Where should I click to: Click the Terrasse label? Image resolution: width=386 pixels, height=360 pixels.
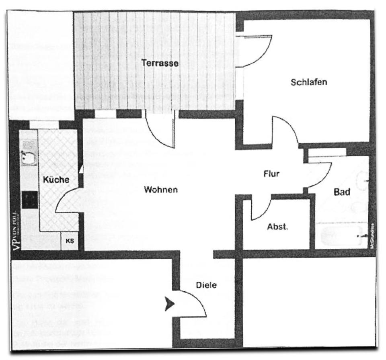pyautogui.click(x=160, y=63)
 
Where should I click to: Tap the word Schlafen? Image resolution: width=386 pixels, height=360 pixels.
pyautogui.click(x=309, y=82)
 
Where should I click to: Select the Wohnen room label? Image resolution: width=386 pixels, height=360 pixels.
pyautogui.click(x=161, y=190)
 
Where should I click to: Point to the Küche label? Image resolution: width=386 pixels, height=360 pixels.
pyautogui.click(x=56, y=180)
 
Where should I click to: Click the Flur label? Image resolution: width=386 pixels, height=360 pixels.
pyautogui.click(x=271, y=174)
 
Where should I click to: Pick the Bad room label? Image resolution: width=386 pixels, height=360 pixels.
pyautogui.click(x=342, y=192)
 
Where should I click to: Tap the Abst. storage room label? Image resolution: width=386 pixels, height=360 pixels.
pyautogui.click(x=277, y=227)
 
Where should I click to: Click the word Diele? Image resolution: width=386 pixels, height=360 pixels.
pyautogui.click(x=206, y=285)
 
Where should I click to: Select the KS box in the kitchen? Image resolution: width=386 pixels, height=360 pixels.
pyautogui.click(x=69, y=241)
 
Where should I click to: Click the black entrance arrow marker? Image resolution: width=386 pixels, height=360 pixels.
pyautogui.click(x=170, y=304)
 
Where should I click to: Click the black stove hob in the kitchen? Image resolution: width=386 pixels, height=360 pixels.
pyautogui.click(x=29, y=200)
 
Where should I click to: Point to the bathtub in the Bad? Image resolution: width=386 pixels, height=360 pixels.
pyautogui.click(x=342, y=236)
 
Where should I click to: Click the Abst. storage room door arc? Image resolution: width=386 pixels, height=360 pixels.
pyautogui.click(x=261, y=209)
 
